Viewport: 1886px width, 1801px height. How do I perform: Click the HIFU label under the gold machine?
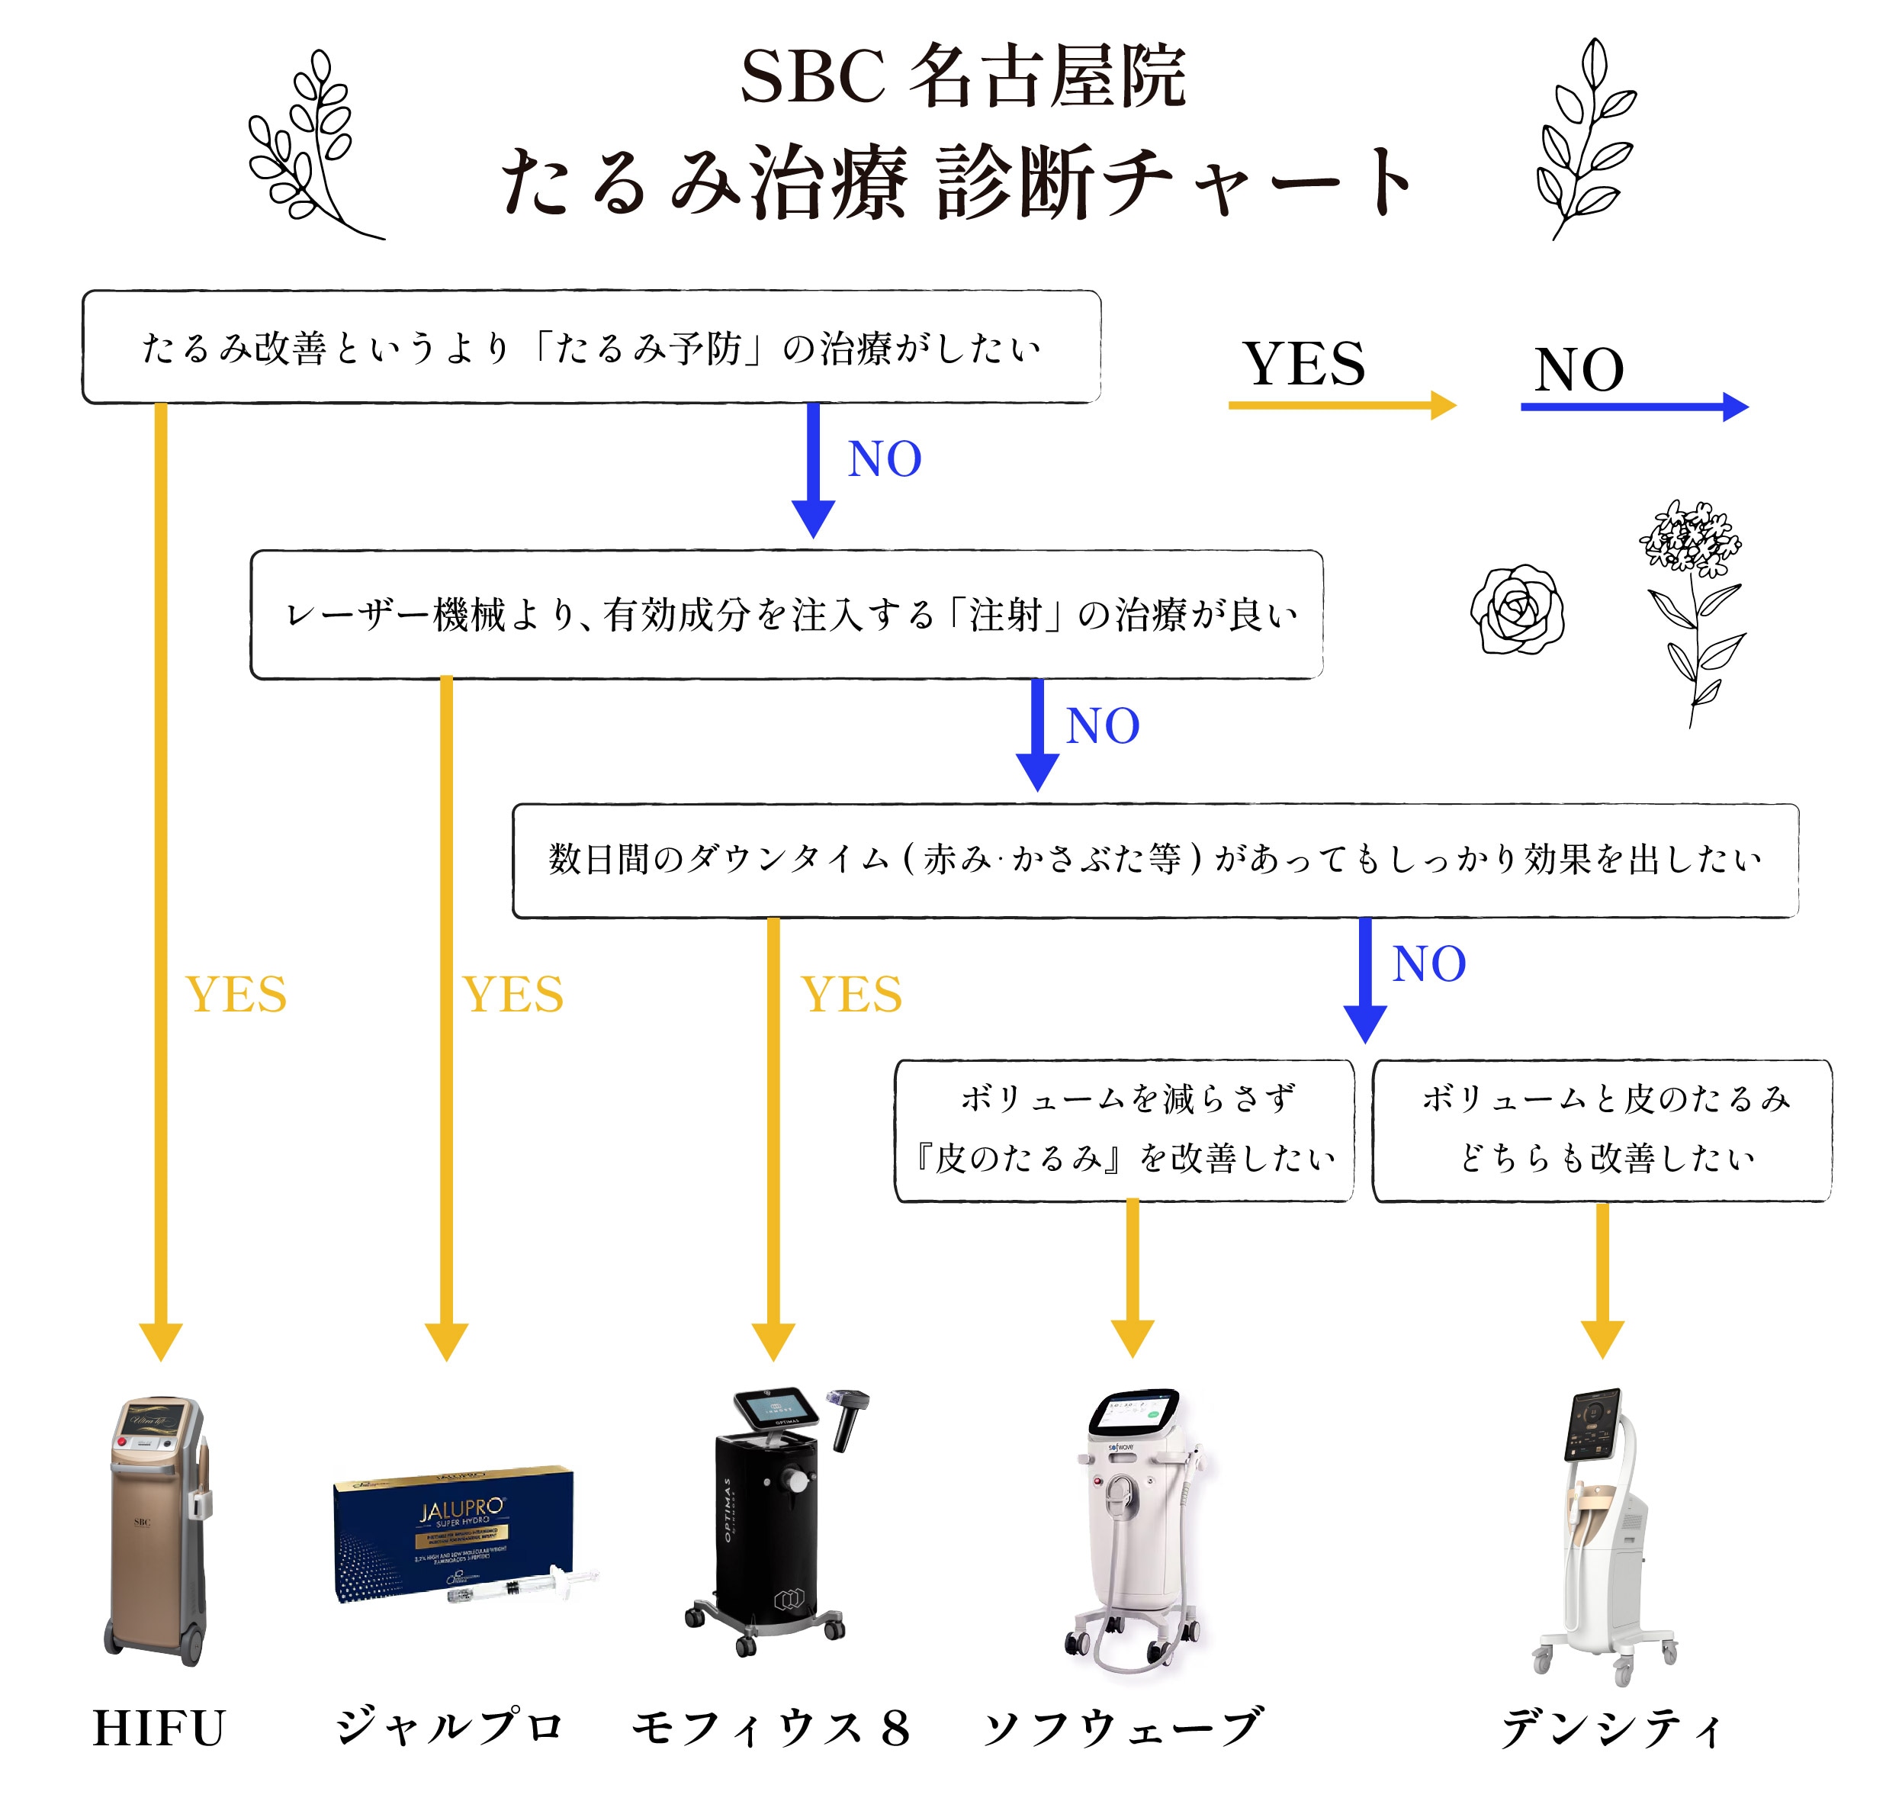(159, 1728)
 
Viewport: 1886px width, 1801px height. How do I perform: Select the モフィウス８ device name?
(770, 1728)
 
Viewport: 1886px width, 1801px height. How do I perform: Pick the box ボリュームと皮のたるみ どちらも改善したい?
(1601, 1129)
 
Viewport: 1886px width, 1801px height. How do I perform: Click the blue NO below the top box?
(883, 459)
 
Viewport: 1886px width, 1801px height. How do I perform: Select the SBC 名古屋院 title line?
(962, 77)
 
